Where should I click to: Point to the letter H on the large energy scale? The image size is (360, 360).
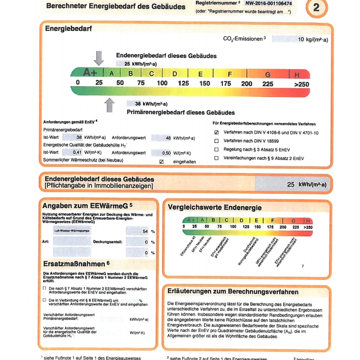tap(297, 74)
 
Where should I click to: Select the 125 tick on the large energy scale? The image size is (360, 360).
tap(183, 83)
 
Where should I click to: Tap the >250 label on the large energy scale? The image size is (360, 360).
tap(302, 84)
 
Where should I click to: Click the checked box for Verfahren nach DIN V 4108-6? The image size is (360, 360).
tap(216, 133)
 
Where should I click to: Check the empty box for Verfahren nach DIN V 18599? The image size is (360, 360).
tap(216, 141)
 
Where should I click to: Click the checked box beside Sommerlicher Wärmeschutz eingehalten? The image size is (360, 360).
tap(162, 161)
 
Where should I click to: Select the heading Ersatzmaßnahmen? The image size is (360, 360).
tap(76, 263)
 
